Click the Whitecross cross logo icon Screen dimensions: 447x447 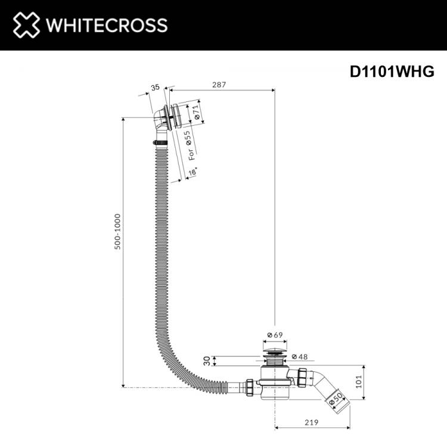(26, 25)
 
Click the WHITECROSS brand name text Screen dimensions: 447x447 (107, 25)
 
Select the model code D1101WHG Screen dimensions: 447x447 (392, 72)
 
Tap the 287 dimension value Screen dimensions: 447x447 (219, 85)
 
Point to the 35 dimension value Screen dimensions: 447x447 (156, 87)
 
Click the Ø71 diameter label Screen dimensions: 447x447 (195, 112)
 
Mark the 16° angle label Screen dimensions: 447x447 (193, 172)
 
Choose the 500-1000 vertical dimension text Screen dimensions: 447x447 (117, 232)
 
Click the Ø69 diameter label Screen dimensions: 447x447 (275, 335)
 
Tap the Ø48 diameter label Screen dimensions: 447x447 (300, 356)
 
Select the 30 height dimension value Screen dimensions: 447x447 (207, 361)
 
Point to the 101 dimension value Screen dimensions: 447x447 (359, 381)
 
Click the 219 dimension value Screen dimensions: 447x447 (311, 422)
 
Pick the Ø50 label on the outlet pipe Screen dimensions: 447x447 (336, 399)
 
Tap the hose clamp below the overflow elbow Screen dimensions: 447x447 (160, 142)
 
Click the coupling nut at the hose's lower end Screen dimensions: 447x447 (250, 387)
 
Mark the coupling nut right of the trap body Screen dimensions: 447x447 (302, 377)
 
